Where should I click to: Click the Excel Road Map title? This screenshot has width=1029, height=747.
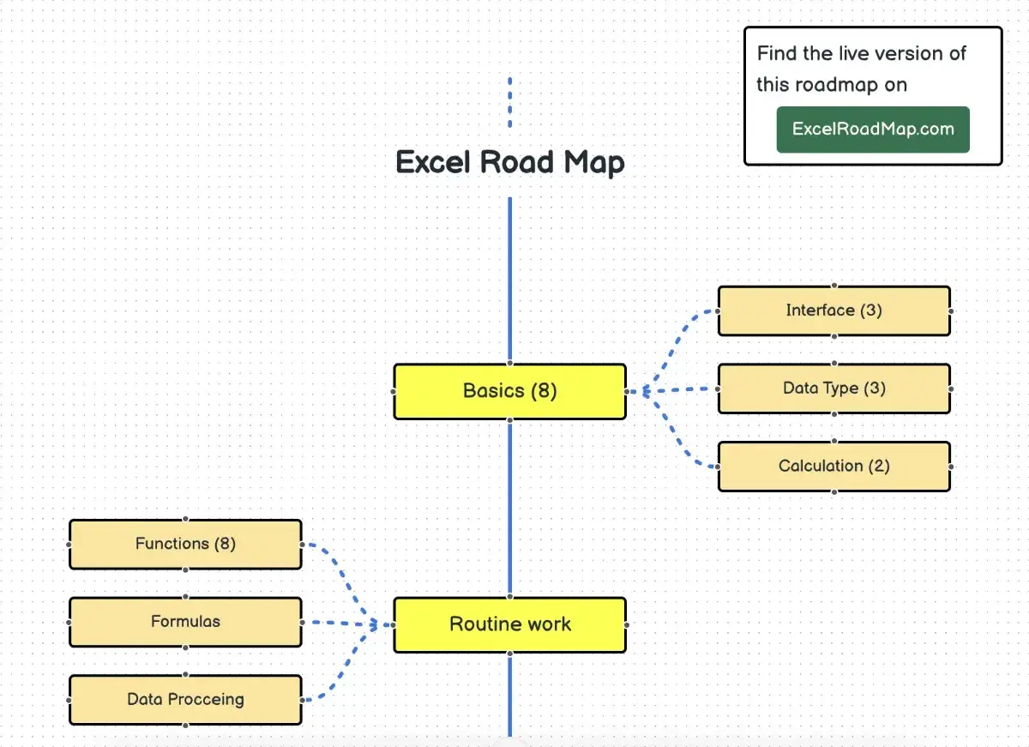(x=509, y=162)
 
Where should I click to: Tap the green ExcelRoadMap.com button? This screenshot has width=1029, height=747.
(x=873, y=130)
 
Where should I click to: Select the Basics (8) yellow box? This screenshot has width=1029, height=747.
(x=509, y=391)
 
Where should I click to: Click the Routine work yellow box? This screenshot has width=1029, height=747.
(x=509, y=624)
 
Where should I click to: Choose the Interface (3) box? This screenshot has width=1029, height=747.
(x=833, y=310)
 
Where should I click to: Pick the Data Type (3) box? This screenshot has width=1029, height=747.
(x=833, y=389)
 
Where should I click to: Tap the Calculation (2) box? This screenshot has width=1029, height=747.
(x=833, y=467)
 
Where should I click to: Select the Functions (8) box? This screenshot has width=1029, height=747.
(x=185, y=544)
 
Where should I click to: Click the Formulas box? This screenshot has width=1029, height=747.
(x=185, y=622)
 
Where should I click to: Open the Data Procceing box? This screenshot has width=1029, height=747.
(x=185, y=700)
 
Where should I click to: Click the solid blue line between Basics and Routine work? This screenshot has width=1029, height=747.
(x=509, y=506)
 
